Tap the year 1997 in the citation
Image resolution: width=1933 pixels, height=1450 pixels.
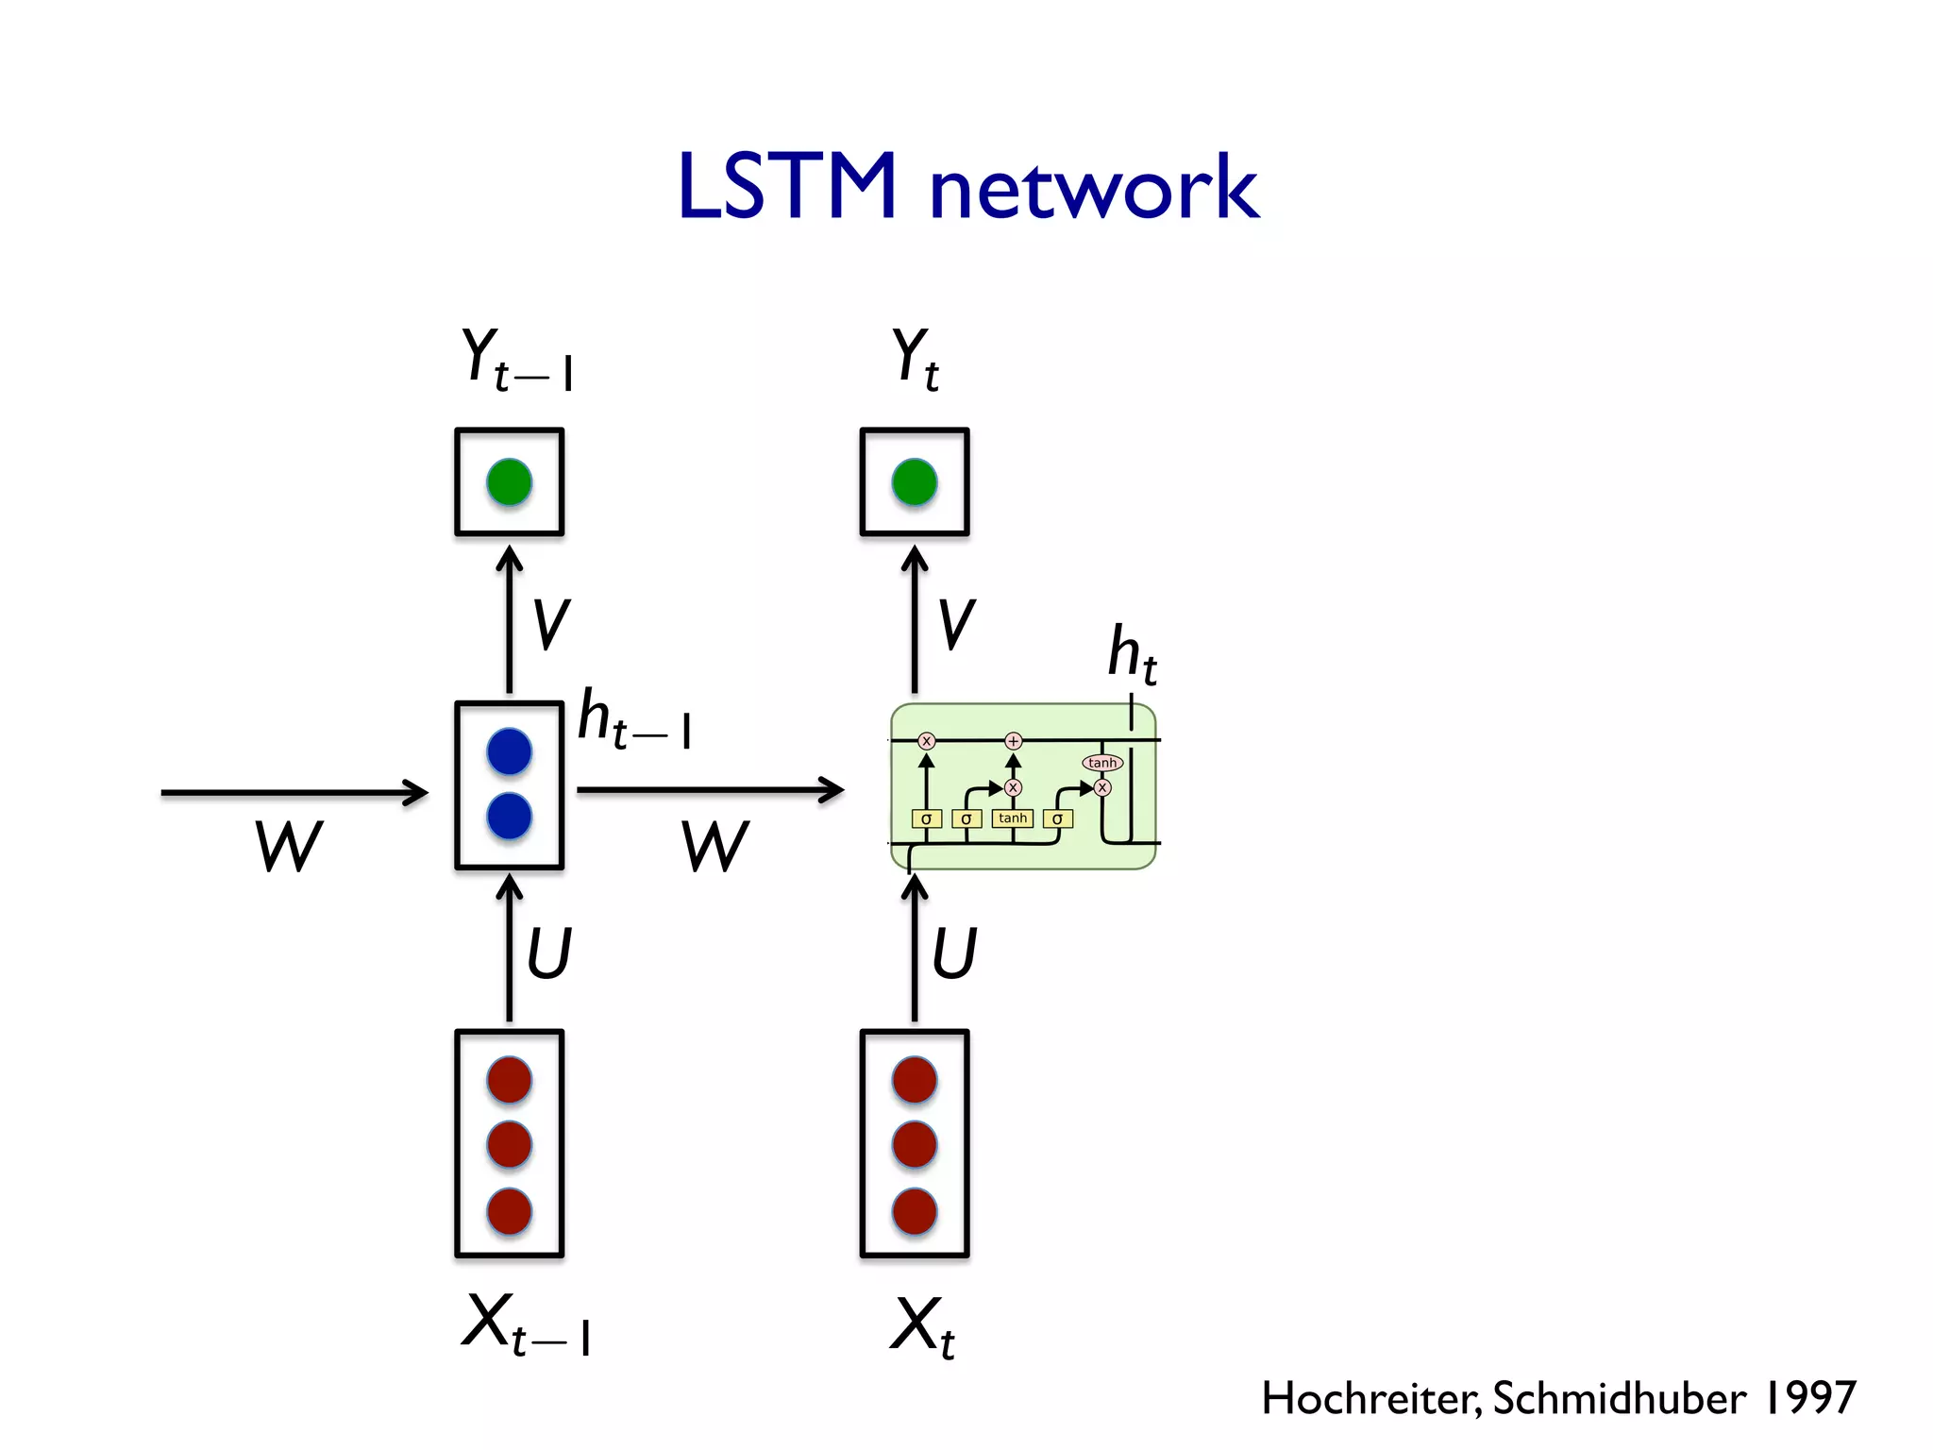click(x=1809, y=1398)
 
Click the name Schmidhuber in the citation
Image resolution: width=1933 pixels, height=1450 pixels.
click(x=1619, y=1398)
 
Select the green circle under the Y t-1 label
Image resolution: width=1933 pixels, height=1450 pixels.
click(x=510, y=482)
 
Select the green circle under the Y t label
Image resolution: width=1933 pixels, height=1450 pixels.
click(x=915, y=482)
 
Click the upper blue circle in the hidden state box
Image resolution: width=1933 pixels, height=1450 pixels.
click(x=510, y=751)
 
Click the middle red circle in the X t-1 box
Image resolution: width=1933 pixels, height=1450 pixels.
click(x=510, y=1145)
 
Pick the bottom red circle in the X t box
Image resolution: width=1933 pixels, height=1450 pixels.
click(x=915, y=1211)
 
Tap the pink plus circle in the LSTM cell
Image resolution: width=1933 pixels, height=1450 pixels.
click(x=1013, y=741)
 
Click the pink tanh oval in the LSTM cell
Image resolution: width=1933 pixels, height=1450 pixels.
click(x=1101, y=763)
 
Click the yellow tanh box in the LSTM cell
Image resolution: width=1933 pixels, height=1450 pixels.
click(x=1013, y=818)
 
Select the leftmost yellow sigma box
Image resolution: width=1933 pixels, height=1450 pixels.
click(x=926, y=818)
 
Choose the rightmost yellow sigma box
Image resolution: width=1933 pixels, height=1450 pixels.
click(x=1057, y=818)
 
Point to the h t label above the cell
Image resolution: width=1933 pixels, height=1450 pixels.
click(x=1131, y=653)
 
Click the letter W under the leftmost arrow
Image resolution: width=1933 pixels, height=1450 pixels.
click(x=289, y=846)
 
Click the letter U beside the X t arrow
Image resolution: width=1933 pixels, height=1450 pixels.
click(x=954, y=953)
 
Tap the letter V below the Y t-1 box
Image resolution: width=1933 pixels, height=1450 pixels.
click(x=550, y=625)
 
